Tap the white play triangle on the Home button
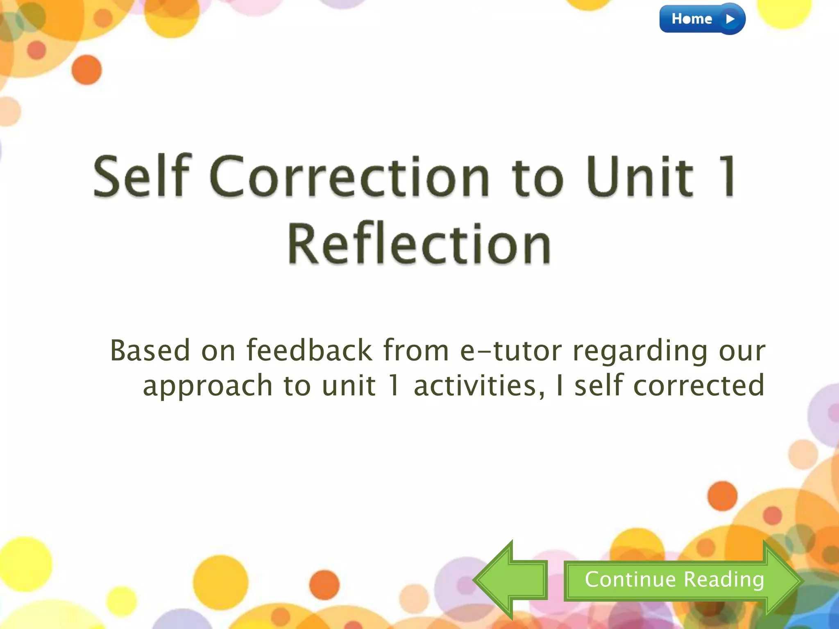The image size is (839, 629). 730,19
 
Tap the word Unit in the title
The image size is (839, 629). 639,177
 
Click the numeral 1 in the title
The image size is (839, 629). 727,177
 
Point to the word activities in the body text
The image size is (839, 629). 479,386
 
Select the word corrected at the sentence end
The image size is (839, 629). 699,386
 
